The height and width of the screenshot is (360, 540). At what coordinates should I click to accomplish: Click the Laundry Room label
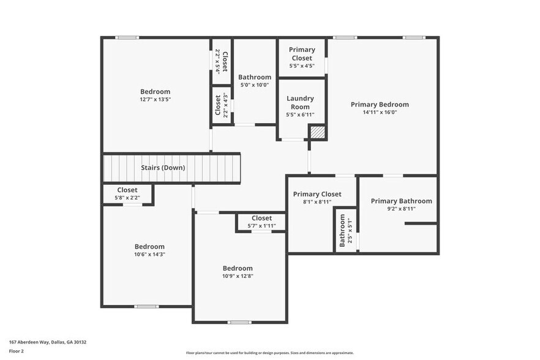[300, 102]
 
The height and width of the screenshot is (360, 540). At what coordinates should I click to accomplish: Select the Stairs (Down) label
[163, 168]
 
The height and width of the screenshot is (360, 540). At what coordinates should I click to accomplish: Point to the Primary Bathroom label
[401, 201]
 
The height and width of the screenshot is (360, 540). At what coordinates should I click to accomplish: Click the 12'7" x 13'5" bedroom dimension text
[155, 100]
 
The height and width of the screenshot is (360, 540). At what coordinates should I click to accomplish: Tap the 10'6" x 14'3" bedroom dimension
[149, 255]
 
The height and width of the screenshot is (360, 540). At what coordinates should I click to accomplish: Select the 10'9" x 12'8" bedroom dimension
[237, 276]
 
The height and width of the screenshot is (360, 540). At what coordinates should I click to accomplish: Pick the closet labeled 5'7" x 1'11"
[261, 222]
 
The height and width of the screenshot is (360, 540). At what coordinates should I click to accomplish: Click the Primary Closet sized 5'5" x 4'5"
[301, 58]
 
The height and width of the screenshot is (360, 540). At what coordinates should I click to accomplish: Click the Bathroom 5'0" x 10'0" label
[254, 81]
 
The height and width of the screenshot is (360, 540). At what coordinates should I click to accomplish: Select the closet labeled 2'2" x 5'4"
[221, 61]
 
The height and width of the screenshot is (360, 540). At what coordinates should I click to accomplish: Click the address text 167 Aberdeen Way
[47, 342]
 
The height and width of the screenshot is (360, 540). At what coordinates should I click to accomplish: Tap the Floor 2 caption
[16, 351]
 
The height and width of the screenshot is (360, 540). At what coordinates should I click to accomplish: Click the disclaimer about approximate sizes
[269, 353]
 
